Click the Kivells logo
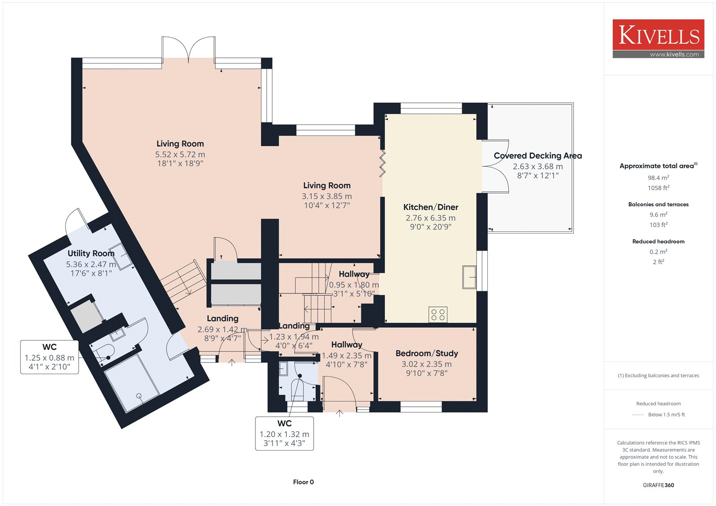pyautogui.click(x=658, y=38)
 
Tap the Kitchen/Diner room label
pyautogui.click(x=430, y=207)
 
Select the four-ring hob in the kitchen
pyautogui.click(x=438, y=314)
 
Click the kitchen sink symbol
pyautogui.click(x=469, y=277)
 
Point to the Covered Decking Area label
pyautogui.click(x=537, y=156)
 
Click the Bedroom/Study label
pyautogui.click(x=427, y=353)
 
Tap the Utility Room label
pyautogui.click(x=91, y=254)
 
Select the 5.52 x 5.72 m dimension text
pyautogui.click(x=180, y=154)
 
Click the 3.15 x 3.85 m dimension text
pyautogui.click(x=327, y=196)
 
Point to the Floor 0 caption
pyautogui.click(x=303, y=482)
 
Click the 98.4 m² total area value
pyautogui.click(x=658, y=178)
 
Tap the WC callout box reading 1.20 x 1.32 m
pyautogui.click(x=284, y=434)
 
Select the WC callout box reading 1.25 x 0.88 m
pyautogui.click(x=49, y=357)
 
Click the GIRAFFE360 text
pyautogui.click(x=658, y=485)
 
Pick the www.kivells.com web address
pyautogui.click(x=674, y=54)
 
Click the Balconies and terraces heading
pyautogui.click(x=658, y=204)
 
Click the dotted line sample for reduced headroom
pyautogui.click(x=638, y=415)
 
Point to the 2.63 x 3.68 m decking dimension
pyautogui.click(x=537, y=166)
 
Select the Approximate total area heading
pyautogui.click(x=658, y=166)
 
